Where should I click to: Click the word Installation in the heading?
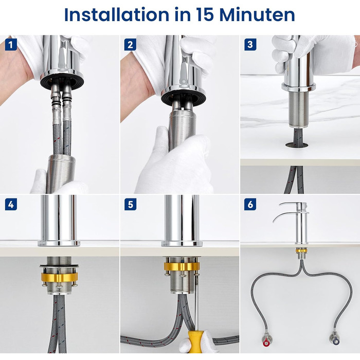tap(116, 15)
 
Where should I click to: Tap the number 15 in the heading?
tap(204, 15)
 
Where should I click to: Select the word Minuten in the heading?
tap(257, 15)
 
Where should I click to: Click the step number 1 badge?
tap(11, 44)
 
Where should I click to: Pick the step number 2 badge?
tap(130, 44)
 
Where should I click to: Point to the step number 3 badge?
tap(250, 44)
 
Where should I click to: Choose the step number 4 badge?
tap(11, 204)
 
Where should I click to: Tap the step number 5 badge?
tap(130, 204)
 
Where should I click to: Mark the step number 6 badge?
tap(250, 204)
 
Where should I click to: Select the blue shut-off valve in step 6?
tap(335, 340)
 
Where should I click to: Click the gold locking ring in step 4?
tap(60, 277)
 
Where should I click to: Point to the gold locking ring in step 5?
tap(182, 266)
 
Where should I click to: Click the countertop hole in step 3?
tap(297, 145)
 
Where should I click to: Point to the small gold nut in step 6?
tap(300, 250)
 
